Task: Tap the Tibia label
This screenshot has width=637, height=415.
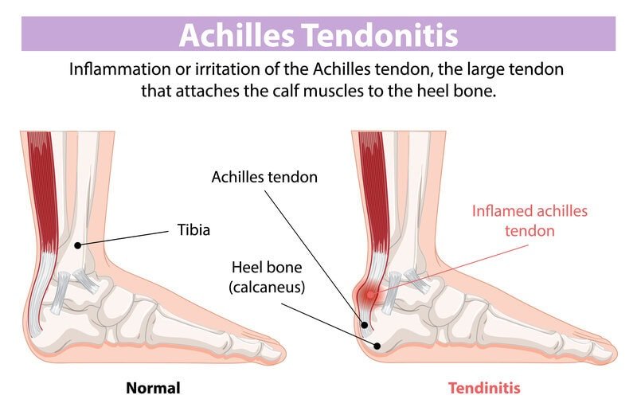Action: pyautogui.click(x=193, y=231)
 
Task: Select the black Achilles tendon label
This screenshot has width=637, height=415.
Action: pyautogui.click(x=264, y=177)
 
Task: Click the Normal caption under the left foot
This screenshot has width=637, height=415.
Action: pyautogui.click(x=153, y=389)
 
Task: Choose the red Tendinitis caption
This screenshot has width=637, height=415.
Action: pyautogui.click(x=484, y=389)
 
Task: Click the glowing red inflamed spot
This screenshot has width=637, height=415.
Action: pyautogui.click(x=369, y=296)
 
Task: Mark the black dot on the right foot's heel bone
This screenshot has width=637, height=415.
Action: pyautogui.click(x=376, y=344)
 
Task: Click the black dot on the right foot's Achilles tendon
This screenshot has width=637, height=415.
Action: pyautogui.click(x=365, y=324)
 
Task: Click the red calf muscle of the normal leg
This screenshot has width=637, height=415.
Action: pyautogui.click(x=43, y=183)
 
